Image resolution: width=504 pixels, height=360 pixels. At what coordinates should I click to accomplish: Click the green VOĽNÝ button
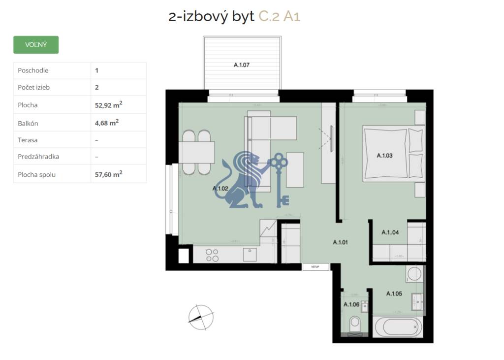[36, 45]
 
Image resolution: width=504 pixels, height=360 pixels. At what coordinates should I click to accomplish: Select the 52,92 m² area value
[108, 104]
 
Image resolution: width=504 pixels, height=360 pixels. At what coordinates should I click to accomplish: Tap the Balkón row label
[28, 123]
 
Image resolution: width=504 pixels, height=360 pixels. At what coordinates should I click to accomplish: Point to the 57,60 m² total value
[108, 174]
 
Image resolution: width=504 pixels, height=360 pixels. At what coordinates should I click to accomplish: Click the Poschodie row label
[33, 70]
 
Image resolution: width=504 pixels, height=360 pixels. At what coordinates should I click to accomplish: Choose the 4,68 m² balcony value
[106, 123]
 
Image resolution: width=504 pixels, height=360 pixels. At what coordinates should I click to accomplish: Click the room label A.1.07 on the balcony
[242, 65]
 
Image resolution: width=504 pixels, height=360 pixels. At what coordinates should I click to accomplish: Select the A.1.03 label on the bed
[384, 156]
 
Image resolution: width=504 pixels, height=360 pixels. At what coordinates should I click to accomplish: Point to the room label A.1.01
[340, 242]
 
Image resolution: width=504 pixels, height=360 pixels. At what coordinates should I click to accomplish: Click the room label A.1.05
[394, 294]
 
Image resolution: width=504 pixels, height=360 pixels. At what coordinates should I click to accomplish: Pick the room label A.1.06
[351, 304]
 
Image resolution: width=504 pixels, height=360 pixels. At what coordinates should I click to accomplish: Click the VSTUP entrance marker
[315, 267]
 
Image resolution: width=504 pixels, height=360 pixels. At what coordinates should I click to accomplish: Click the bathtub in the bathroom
[397, 327]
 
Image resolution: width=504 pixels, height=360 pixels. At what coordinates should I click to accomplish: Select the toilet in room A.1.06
[354, 325]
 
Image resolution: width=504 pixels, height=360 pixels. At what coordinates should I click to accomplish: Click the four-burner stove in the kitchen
[212, 255]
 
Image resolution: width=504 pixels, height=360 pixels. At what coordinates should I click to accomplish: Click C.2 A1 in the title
[279, 17]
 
